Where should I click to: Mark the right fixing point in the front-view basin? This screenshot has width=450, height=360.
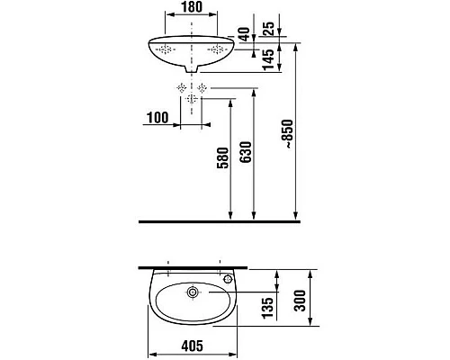(x=217, y=49)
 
